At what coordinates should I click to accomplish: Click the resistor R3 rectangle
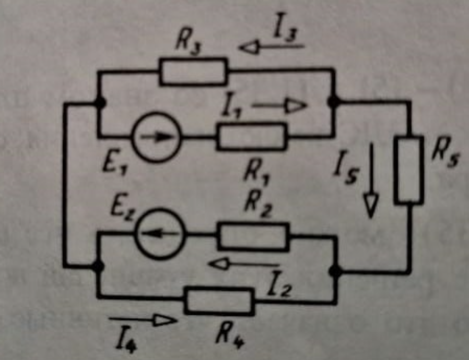click(193, 71)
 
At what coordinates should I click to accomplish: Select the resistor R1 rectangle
click(252, 137)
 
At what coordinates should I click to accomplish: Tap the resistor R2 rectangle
click(253, 236)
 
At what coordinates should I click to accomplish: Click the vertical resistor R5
click(408, 170)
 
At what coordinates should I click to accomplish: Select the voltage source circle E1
click(157, 137)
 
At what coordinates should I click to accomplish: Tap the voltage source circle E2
click(159, 235)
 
